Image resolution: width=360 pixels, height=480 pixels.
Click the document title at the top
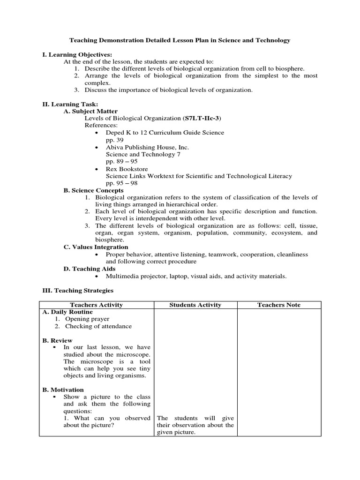[x=180, y=40]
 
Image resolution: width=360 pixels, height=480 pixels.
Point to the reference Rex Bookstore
[x=125, y=169]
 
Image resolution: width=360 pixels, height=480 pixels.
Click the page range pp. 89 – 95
[x=121, y=161]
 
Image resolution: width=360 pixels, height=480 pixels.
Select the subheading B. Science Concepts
[x=93, y=190]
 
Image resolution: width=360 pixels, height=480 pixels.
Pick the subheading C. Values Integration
[x=96, y=247]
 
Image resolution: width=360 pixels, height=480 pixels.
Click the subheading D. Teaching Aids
[x=89, y=269]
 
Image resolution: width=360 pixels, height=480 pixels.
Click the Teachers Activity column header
[x=96, y=305]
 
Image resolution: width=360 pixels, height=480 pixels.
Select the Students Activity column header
[x=195, y=305]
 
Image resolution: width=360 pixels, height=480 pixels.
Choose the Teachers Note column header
[x=279, y=305]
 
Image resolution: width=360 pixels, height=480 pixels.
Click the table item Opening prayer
[x=87, y=319]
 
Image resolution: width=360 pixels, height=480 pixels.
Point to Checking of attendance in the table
[x=98, y=326]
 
